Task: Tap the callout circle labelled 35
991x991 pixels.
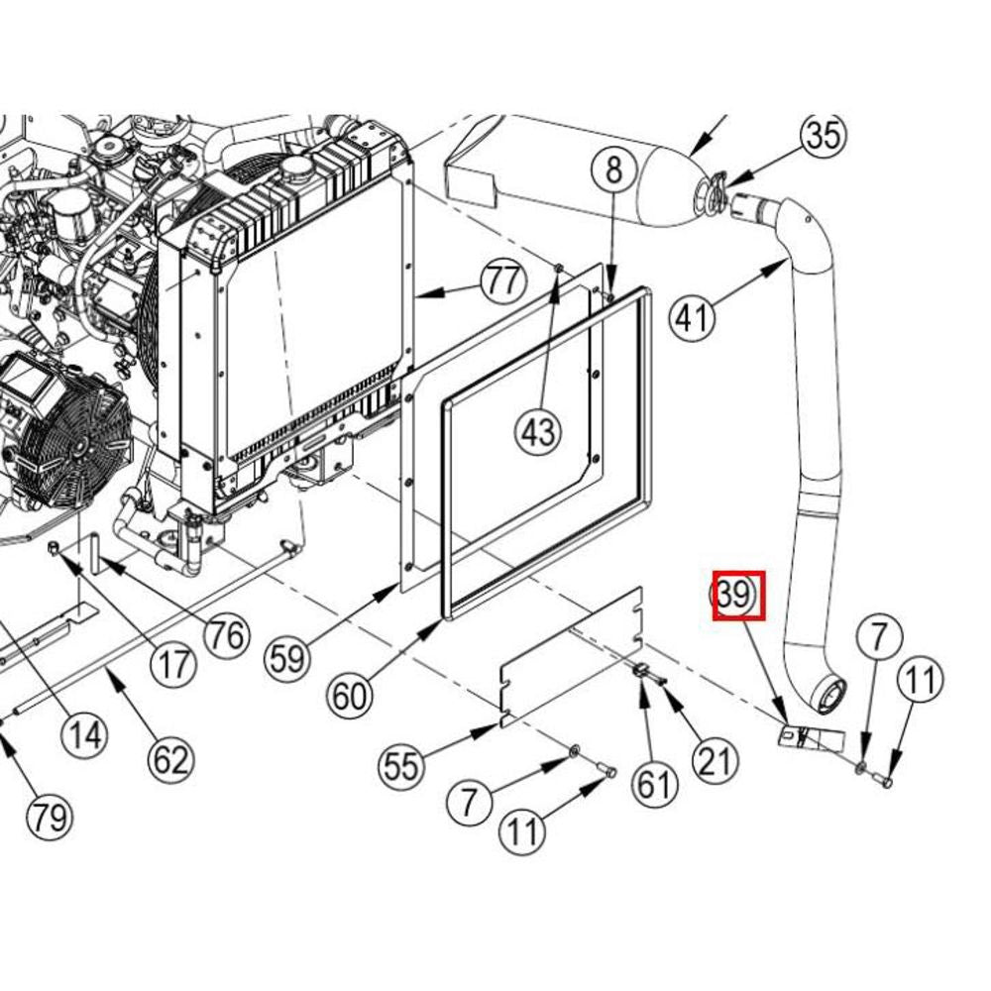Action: click(825, 135)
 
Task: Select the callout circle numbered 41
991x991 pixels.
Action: click(693, 318)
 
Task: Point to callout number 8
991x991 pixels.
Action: click(613, 171)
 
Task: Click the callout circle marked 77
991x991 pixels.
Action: click(503, 281)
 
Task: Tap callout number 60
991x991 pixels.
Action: click(350, 697)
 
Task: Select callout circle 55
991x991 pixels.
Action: click(402, 766)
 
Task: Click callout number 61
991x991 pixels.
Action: click(654, 784)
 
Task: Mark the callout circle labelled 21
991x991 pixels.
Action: click(715, 761)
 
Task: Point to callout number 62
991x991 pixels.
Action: click(171, 759)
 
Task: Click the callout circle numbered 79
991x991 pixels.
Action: click(50, 818)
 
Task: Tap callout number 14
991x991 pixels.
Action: click(84, 735)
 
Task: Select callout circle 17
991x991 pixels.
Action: click(173, 664)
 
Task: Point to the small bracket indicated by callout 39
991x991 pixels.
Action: click(811, 737)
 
